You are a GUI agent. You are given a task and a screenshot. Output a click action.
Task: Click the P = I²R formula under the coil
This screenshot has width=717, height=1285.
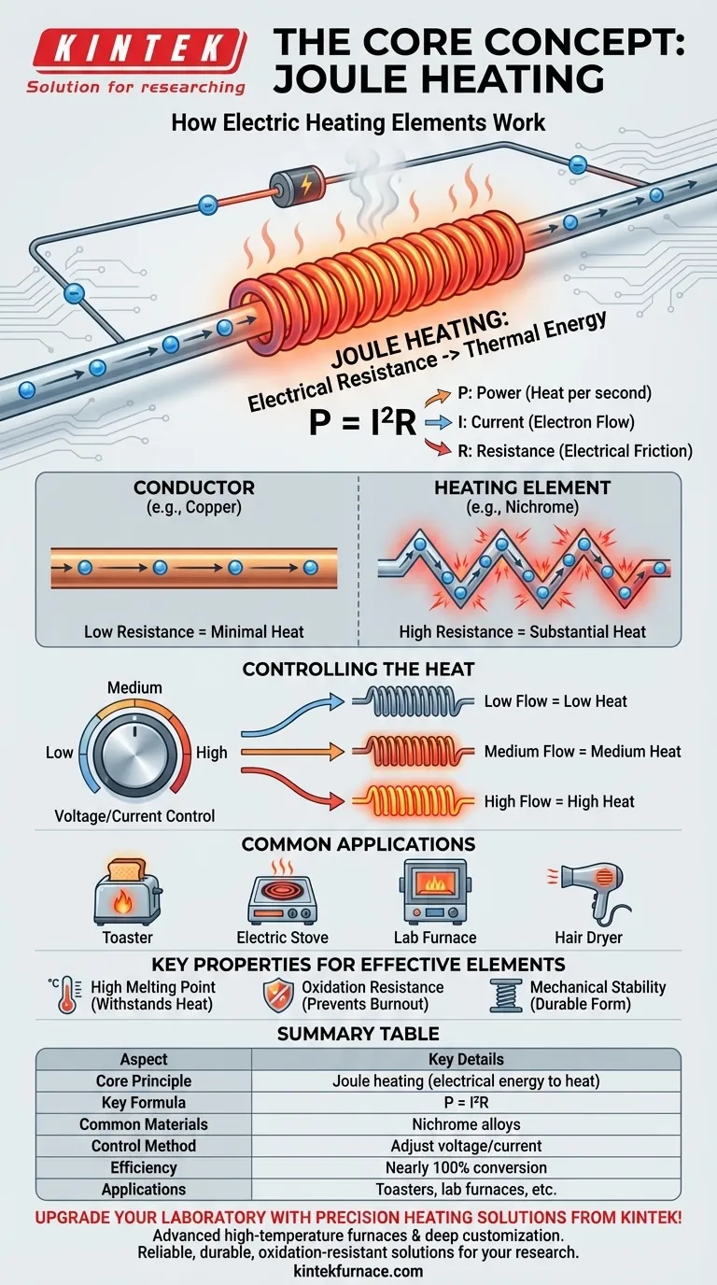[362, 423]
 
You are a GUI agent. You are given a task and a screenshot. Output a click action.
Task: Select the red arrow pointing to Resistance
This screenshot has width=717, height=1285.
[438, 447]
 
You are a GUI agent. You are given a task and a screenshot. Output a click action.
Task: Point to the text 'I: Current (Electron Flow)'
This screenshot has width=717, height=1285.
[546, 422]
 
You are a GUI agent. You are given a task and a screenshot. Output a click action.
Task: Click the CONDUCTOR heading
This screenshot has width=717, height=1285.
[194, 487]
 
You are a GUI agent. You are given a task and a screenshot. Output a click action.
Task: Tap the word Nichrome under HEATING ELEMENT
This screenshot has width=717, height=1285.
[540, 507]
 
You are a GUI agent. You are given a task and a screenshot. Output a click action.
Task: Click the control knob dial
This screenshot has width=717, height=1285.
[134, 752]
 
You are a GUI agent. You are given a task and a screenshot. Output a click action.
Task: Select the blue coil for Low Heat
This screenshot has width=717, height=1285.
[413, 701]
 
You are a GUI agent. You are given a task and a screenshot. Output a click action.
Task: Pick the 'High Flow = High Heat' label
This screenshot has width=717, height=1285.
[559, 801]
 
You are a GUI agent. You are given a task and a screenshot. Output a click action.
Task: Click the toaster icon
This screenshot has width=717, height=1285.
[128, 890]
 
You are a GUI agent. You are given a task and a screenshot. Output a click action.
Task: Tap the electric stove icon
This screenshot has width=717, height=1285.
[282, 892]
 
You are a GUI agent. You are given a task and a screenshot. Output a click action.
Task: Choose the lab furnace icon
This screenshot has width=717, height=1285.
[435, 891]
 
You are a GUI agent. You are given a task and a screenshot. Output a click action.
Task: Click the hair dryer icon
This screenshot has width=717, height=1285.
[590, 890]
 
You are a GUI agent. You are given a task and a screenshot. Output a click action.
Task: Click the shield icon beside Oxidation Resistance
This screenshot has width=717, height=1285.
[279, 996]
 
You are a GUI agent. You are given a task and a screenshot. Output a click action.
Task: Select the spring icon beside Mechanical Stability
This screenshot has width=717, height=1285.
[506, 996]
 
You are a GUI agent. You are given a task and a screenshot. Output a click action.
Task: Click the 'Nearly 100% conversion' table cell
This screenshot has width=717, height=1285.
[466, 1167]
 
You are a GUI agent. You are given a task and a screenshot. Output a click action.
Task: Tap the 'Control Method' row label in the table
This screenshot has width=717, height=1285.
[144, 1146]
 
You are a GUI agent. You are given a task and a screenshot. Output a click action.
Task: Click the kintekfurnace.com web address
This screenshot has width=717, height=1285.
[358, 1271]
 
